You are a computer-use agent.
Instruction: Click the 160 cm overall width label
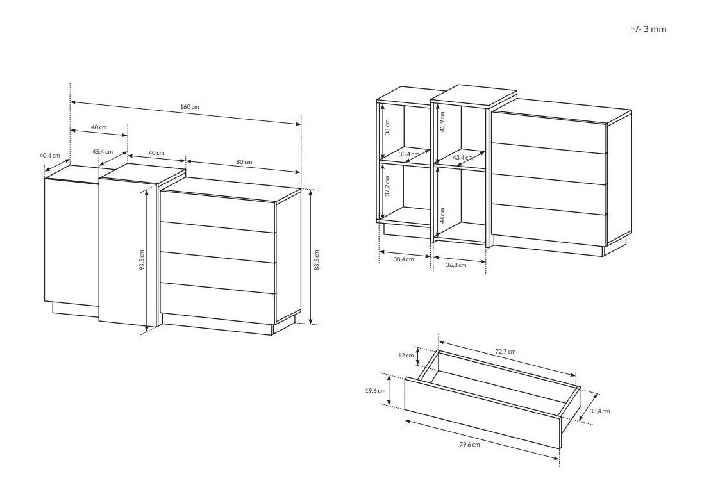[x=189, y=107]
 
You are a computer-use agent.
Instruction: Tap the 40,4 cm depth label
[x=49, y=156]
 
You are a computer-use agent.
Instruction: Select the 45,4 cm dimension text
[x=103, y=152]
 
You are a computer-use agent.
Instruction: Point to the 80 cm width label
[x=244, y=161]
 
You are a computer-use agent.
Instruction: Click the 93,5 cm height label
[x=142, y=260]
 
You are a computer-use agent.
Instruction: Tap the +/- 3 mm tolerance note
[x=648, y=29]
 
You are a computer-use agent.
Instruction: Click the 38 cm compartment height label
[x=387, y=127]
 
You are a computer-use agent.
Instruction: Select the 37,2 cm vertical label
[x=387, y=186]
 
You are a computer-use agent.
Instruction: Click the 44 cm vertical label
[x=442, y=215]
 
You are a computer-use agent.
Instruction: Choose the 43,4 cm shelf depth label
[x=462, y=158]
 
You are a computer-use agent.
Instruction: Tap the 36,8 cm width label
[x=456, y=265]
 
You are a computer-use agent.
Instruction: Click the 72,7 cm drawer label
[x=505, y=351]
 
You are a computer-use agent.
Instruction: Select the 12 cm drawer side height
[x=406, y=355]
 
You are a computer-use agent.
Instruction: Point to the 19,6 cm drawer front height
[x=375, y=391]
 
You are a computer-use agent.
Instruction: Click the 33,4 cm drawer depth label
[x=599, y=411]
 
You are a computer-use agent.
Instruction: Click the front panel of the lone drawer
[x=483, y=413]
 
